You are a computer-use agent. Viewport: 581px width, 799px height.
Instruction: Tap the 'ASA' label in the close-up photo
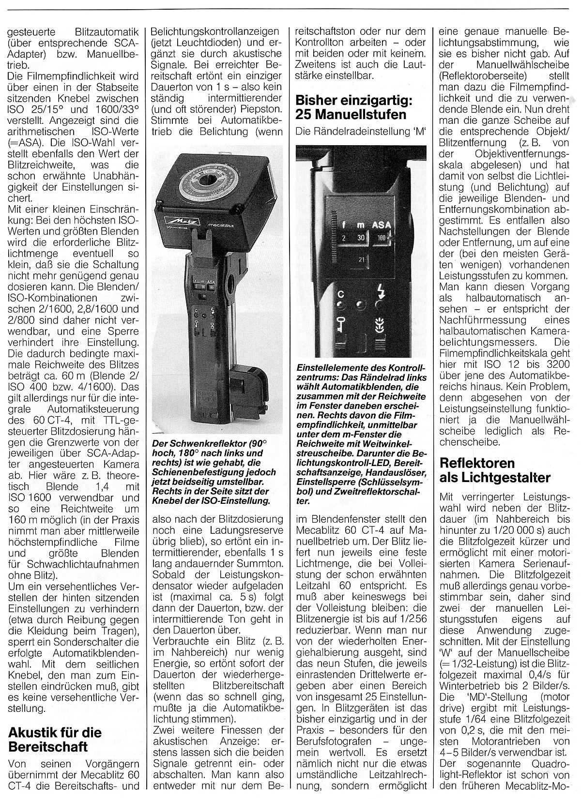pos(382,225)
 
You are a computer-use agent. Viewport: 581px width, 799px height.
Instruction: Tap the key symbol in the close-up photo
pos(340,324)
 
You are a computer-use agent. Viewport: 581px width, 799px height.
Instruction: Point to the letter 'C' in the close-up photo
pos(340,293)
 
